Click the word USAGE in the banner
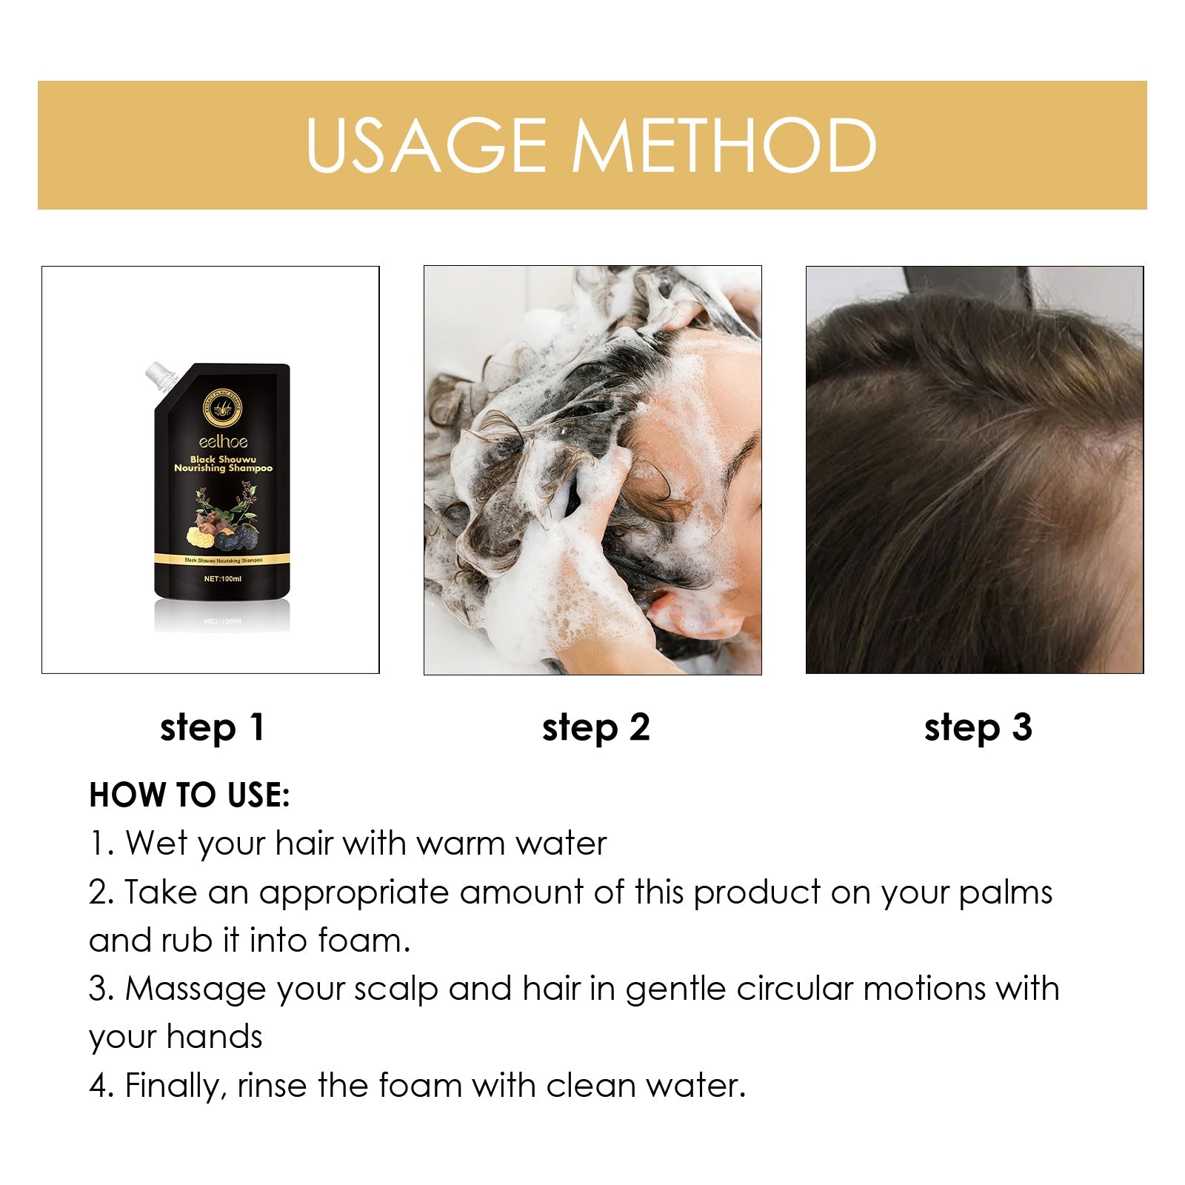click(x=426, y=145)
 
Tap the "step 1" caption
click(x=212, y=728)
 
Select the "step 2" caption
click(x=595, y=728)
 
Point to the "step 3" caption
click(x=978, y=728)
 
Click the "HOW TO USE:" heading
click(x=190, y=795)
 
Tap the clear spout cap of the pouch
click(x=161, y=375)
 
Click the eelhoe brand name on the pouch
click(x=223, y=442)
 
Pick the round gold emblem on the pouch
click(x=222, y=410)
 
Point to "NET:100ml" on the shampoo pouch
click(x=223, y=578)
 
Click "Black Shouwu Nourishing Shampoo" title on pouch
click(x=223, y=464)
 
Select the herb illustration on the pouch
click(x=222, y=518)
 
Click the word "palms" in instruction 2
click(x=1005, y=892)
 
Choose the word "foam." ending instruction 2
click(x=364, y=941)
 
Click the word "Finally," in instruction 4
click(x=176, y=1086)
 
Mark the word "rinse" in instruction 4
click(x=272, y=1086)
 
